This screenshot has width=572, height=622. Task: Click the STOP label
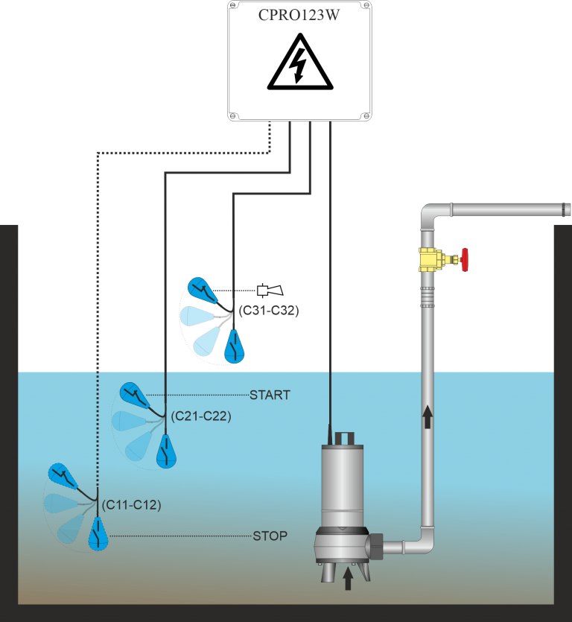coord(270,536)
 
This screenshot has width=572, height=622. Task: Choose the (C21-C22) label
coord(200,416)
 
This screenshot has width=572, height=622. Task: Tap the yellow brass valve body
coord(430,260)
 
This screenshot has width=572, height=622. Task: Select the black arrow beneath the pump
coord(347,579)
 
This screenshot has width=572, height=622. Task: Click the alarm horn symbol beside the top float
coord(267,290)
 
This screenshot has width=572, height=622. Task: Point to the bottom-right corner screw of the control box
coord(364,115)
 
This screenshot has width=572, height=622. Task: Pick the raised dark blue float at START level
coord(134,394)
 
